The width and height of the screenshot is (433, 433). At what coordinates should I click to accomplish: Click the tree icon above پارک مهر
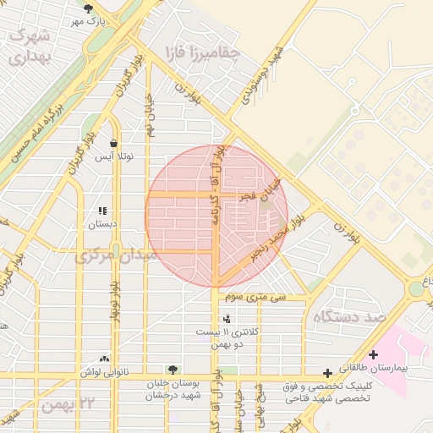coord(89,8)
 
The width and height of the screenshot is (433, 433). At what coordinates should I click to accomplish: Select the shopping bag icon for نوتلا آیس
coord(112,142)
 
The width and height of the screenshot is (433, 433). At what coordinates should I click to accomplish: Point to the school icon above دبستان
coord(102,211)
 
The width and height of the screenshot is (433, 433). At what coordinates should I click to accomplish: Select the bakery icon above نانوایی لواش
coord(104,359)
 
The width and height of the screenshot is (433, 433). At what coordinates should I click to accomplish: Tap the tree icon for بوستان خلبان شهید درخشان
coord(173,370)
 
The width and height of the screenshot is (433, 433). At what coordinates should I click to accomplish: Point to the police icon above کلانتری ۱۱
coord(226,319)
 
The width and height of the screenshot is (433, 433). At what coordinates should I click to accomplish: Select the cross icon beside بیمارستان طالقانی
coord(373,354)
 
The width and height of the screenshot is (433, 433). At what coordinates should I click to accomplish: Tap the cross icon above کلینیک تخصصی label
coord(328,373)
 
